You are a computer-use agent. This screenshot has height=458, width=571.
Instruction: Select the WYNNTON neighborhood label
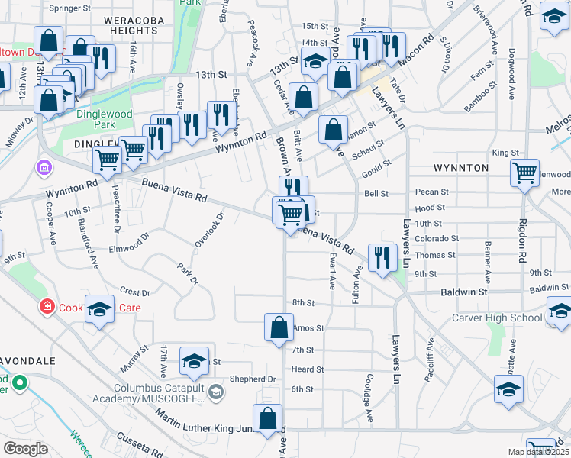tap(460, 167)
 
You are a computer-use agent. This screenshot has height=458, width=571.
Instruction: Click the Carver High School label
tap(497, 318)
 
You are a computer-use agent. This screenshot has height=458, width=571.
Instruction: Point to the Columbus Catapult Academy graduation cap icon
tap(216, 392)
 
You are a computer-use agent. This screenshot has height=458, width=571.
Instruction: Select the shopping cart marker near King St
tap(524, 173)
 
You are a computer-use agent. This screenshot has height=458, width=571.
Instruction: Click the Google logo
tap(25, 449)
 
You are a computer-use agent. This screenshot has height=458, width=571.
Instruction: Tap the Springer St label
tap(69, 8)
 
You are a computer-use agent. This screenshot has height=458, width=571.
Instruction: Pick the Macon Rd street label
tap(421, 50)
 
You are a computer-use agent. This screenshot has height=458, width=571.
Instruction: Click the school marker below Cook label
tap(99, 309)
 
